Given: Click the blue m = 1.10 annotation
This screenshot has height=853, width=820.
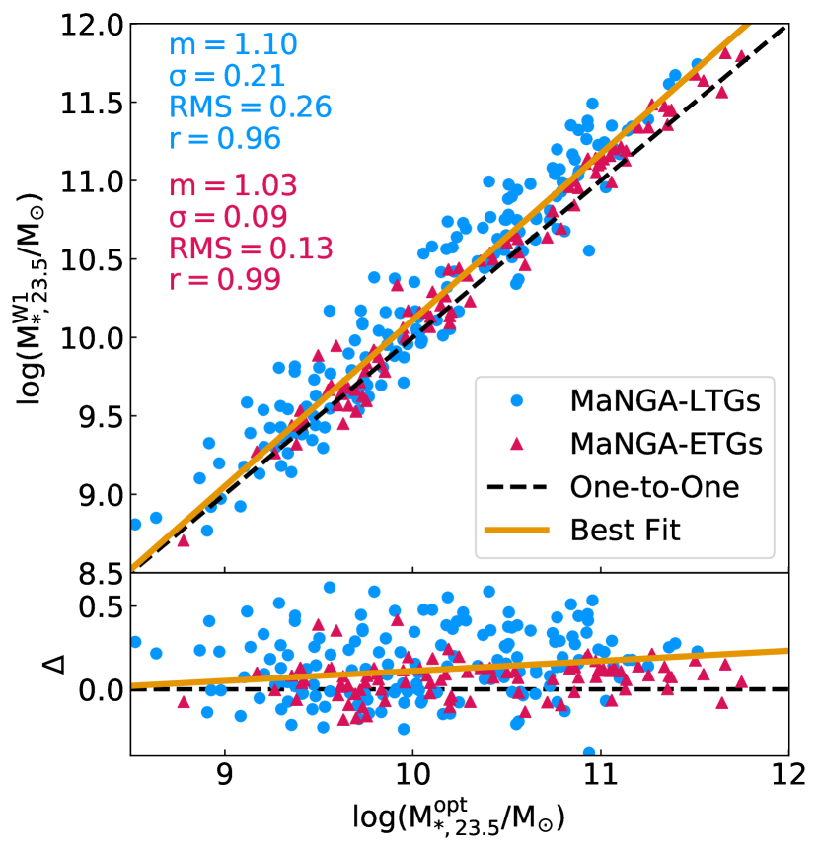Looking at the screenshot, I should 233,45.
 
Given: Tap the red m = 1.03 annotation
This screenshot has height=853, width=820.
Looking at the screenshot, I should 233,186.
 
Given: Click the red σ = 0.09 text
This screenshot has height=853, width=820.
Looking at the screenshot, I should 228,217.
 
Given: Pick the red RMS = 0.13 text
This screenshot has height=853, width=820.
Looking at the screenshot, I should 250,248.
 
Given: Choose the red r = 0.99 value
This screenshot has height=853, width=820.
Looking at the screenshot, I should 225,279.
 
